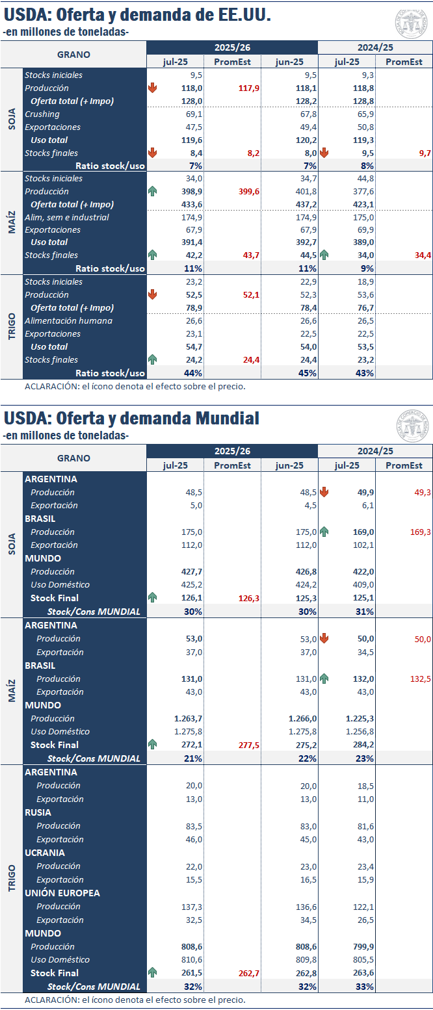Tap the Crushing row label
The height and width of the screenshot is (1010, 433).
pos(42,114)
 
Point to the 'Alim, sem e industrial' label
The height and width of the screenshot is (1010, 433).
pos(67,217)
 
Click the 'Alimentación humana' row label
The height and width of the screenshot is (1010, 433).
pos(68,320)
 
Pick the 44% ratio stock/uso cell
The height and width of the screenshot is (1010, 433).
pos(193,373)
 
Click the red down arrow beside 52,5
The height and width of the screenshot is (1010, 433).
pos(153,294)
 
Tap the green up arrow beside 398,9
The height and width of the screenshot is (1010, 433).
pos(153,192)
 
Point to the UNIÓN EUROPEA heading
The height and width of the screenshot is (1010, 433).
pos(62,893)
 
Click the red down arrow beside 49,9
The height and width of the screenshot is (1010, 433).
pos(324,493)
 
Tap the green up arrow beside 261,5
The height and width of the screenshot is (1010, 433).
pos(153,972)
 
